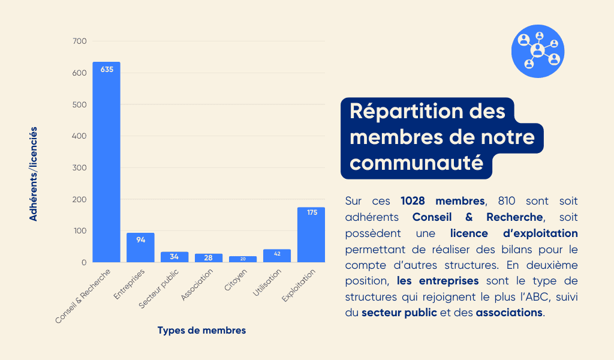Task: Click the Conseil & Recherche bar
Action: pos(107,162)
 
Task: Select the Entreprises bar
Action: pos(140,248)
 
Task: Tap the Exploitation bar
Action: pos(311,235)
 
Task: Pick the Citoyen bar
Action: pos(243,259)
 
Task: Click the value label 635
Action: pos(107,70)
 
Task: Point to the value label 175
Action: pos(312,212)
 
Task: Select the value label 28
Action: pos(208,258)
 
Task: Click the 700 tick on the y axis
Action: pos(80,41)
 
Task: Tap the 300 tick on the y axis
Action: pos(80,167)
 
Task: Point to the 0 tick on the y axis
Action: pos(84,262)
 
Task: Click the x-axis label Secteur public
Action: pos(158,289)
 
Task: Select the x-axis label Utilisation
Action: pos(267,283)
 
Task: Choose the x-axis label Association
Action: pos(197,285)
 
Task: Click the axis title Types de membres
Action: pos(201,330)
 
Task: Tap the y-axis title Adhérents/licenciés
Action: pos(34,174)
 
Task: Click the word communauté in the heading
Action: pos(416,163)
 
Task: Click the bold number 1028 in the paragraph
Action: pos(413,201)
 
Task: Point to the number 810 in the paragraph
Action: pos(507,201)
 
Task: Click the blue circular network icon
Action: pos(538,52)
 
